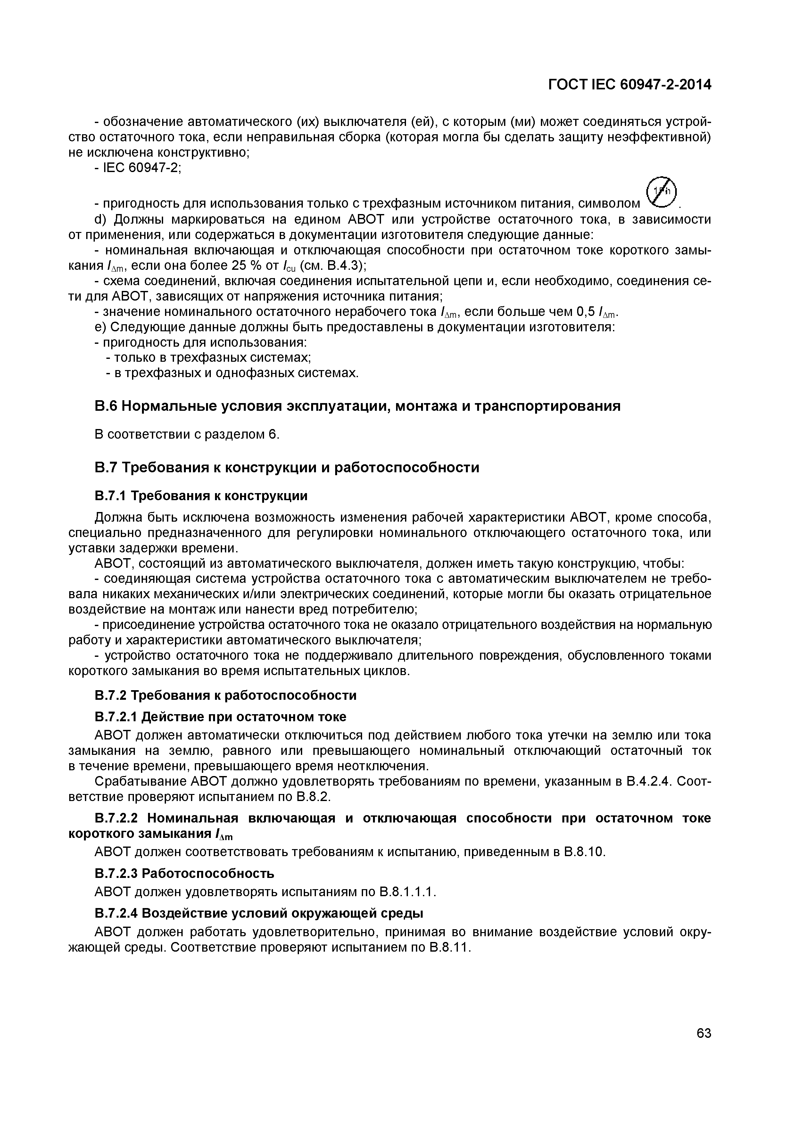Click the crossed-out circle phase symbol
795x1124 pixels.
(660, 191)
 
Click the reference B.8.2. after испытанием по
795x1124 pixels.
(314, 797)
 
